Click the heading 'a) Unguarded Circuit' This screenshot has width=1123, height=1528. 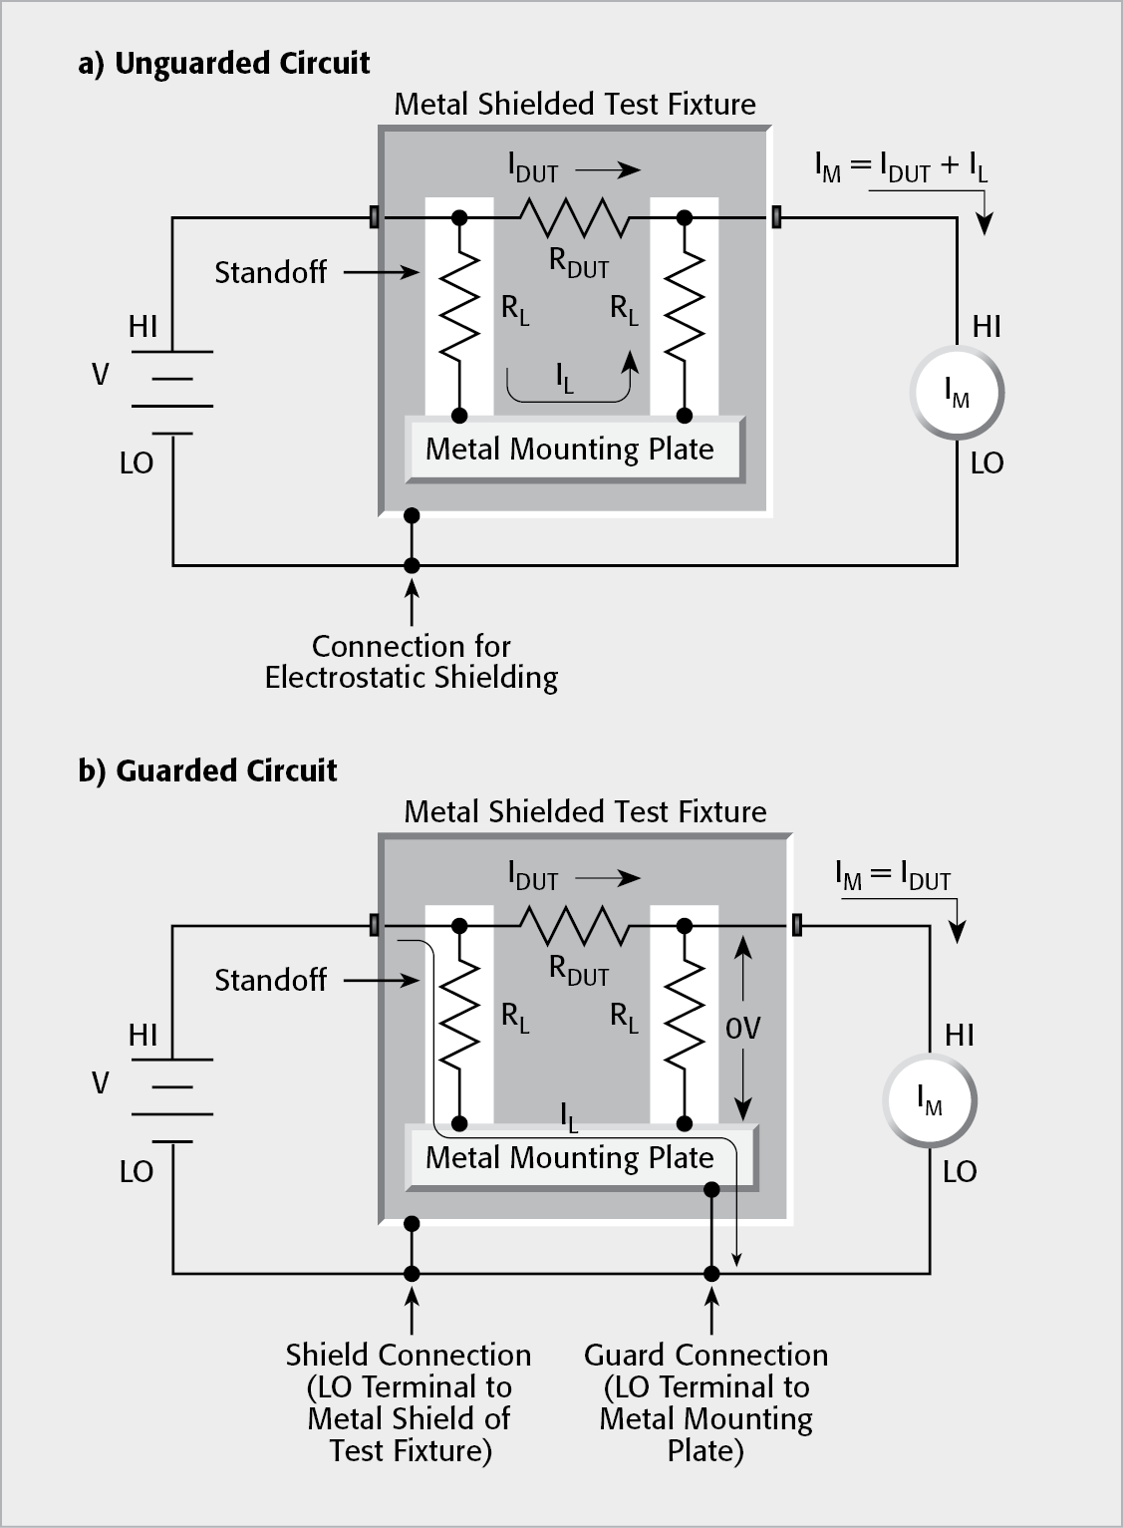[x=223, y=64]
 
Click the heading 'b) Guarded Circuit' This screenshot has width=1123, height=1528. [x=207, y=770]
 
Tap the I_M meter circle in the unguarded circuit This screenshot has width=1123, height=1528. [x=957, y=394]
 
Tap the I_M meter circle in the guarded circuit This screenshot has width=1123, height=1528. [x=930, y=1100]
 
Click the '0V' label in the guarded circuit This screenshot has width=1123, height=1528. [x=742, y=1029]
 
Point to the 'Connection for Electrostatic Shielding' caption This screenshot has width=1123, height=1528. [x=411, y=662]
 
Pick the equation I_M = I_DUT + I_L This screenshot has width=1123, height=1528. [x=901, y=167]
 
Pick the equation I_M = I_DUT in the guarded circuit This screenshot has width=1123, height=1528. [x=893, y=876]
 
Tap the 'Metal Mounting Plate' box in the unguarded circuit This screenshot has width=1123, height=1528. [x=575, y=450]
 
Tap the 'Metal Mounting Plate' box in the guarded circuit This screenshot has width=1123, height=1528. [x=575, y=1158]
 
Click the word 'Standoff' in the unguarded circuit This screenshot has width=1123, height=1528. [x=270, y=272]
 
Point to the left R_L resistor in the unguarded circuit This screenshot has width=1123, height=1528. [x=459, y=309]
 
